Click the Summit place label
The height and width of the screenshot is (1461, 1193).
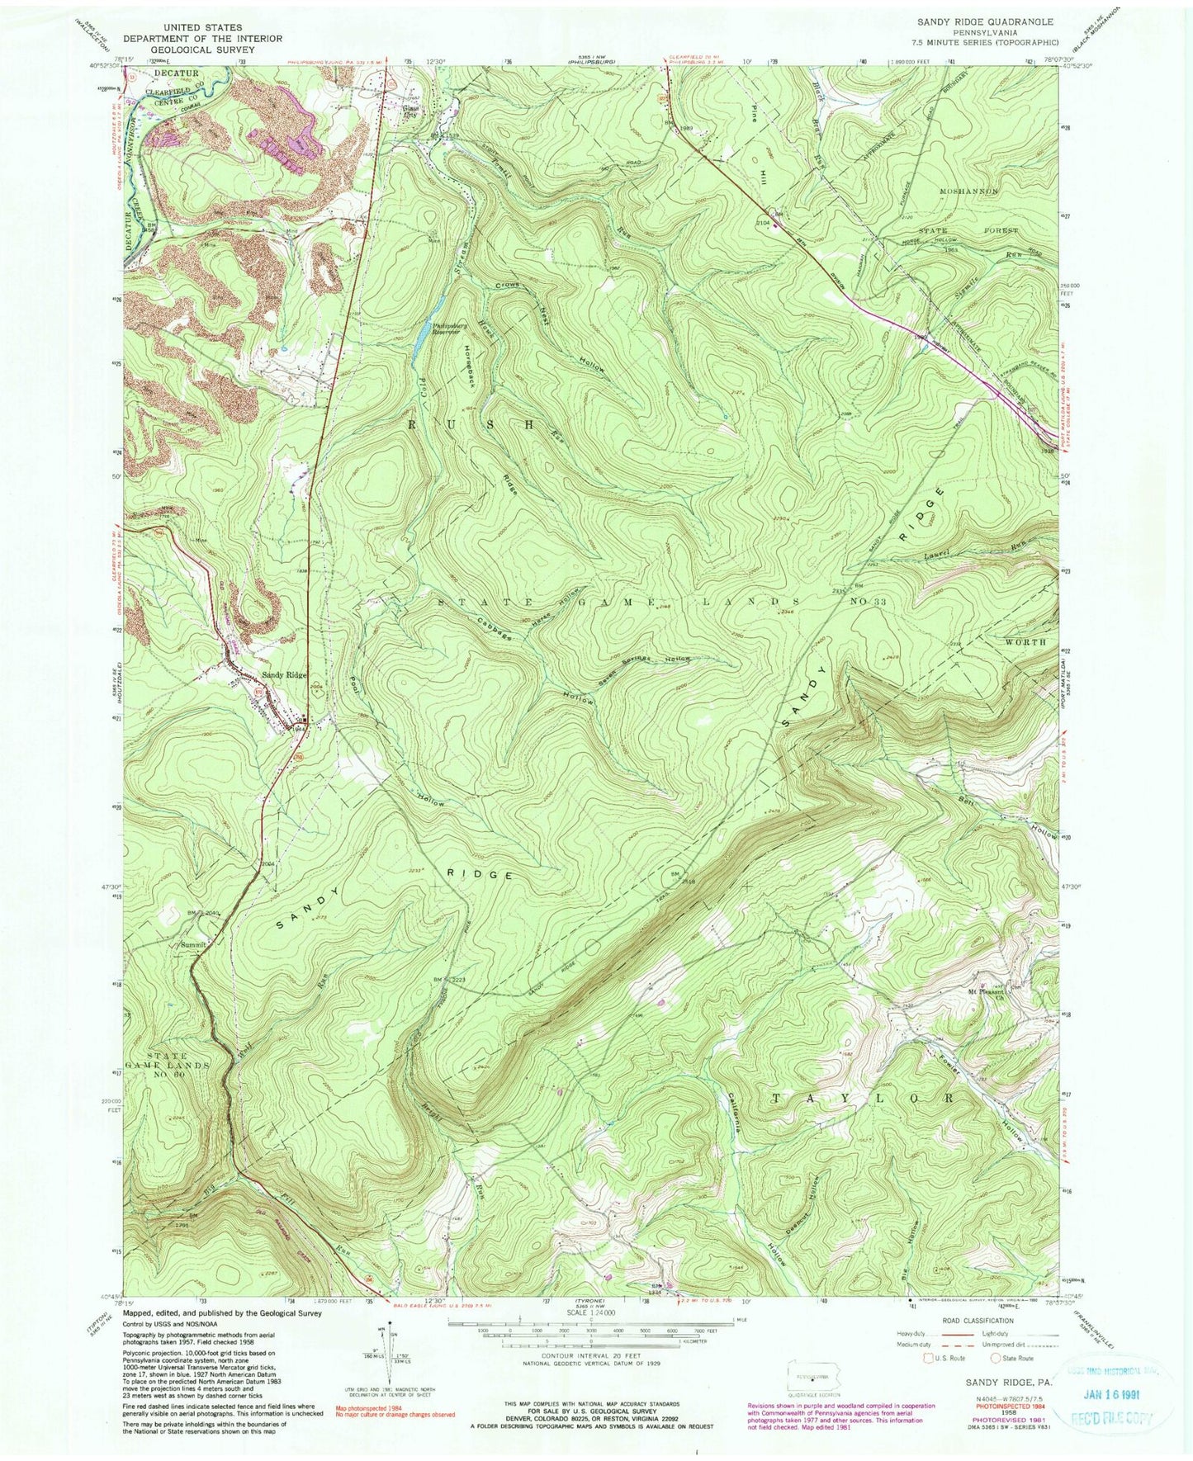pos(194,943)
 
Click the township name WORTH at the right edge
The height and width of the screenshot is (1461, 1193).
pos(1025,641)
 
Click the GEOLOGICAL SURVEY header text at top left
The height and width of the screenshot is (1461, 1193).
pos(203,50)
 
